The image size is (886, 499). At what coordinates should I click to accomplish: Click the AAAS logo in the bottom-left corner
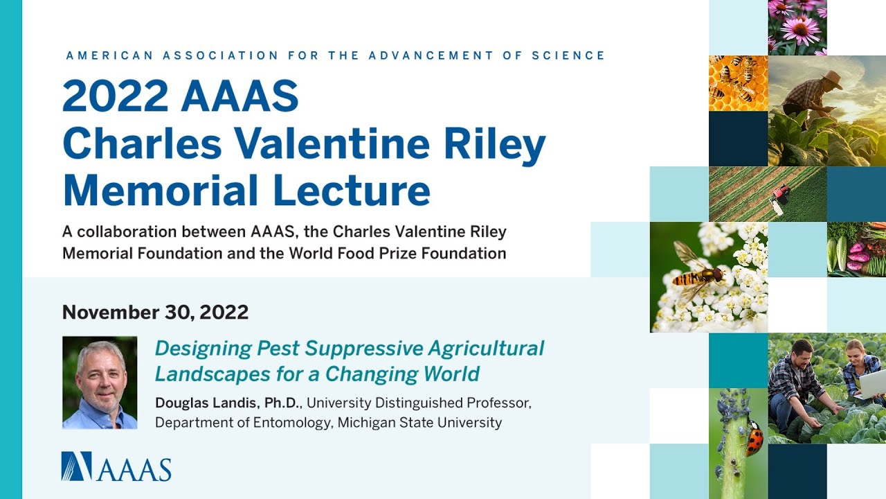point(116,466)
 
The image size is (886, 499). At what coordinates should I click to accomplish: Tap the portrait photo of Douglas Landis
point(100,383)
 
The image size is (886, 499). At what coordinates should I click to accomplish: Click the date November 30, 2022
point(155,313)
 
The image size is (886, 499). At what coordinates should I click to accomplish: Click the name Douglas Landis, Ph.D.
point(228,403)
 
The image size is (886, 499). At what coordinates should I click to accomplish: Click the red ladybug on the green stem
point(754,438)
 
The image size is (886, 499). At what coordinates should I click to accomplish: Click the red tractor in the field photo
point(780,194)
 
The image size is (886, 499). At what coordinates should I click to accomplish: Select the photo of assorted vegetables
point(856,249)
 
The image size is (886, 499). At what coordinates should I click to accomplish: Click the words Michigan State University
point(419,422)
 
